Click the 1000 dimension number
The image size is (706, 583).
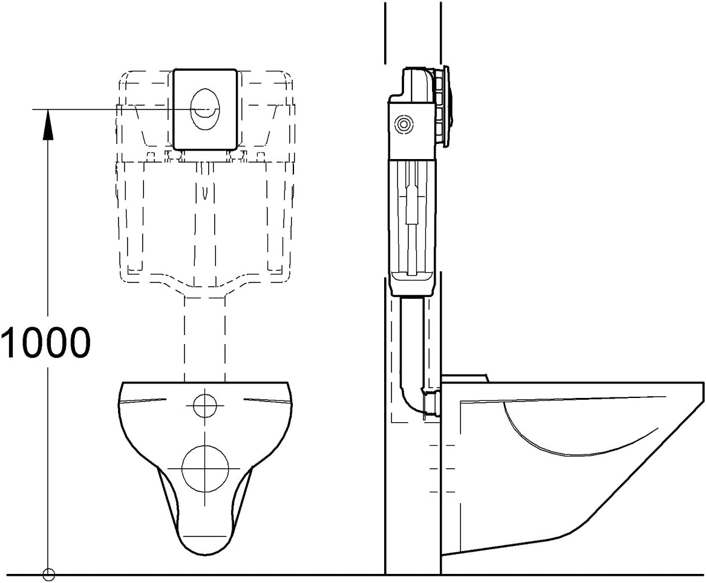click(45, 342)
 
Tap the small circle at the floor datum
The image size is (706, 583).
click(48, 575)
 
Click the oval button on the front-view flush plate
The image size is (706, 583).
click(205, 109)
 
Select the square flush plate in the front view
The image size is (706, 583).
click(205, 109)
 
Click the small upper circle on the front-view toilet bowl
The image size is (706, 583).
click(205, 405)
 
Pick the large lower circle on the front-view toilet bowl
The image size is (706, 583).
click(205, 469)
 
